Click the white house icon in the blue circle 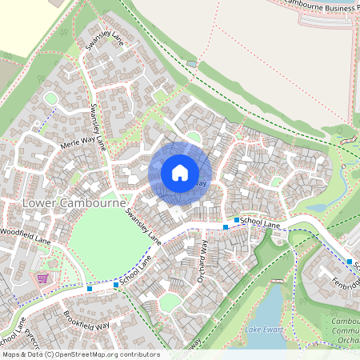[180, 172]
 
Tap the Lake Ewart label [265, 330]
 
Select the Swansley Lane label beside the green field [143, 225]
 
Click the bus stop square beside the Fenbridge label [350, 262]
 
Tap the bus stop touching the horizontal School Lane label [237, 219]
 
